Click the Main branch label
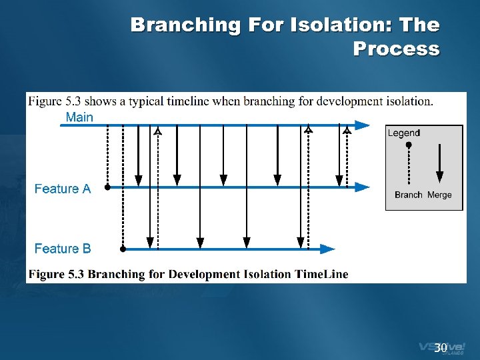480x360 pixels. (79, 117)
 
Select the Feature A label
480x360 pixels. (62, 189)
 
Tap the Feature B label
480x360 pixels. (62, 249)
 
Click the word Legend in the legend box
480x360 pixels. (403, 133)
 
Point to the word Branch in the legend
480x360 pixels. (408, 195)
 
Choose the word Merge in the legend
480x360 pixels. (439, 195)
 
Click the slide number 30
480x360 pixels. (440, 348)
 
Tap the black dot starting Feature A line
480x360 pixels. (107, 188)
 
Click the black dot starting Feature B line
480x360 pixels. (123, 249)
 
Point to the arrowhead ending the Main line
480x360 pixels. (363, 125)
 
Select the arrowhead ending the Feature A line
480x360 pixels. (363, 187)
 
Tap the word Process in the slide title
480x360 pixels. (396, 49)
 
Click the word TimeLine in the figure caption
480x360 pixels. (318, 274)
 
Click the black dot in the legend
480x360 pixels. (409, 145)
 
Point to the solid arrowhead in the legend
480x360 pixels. (439, 177)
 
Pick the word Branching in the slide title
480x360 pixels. (186, 25)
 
